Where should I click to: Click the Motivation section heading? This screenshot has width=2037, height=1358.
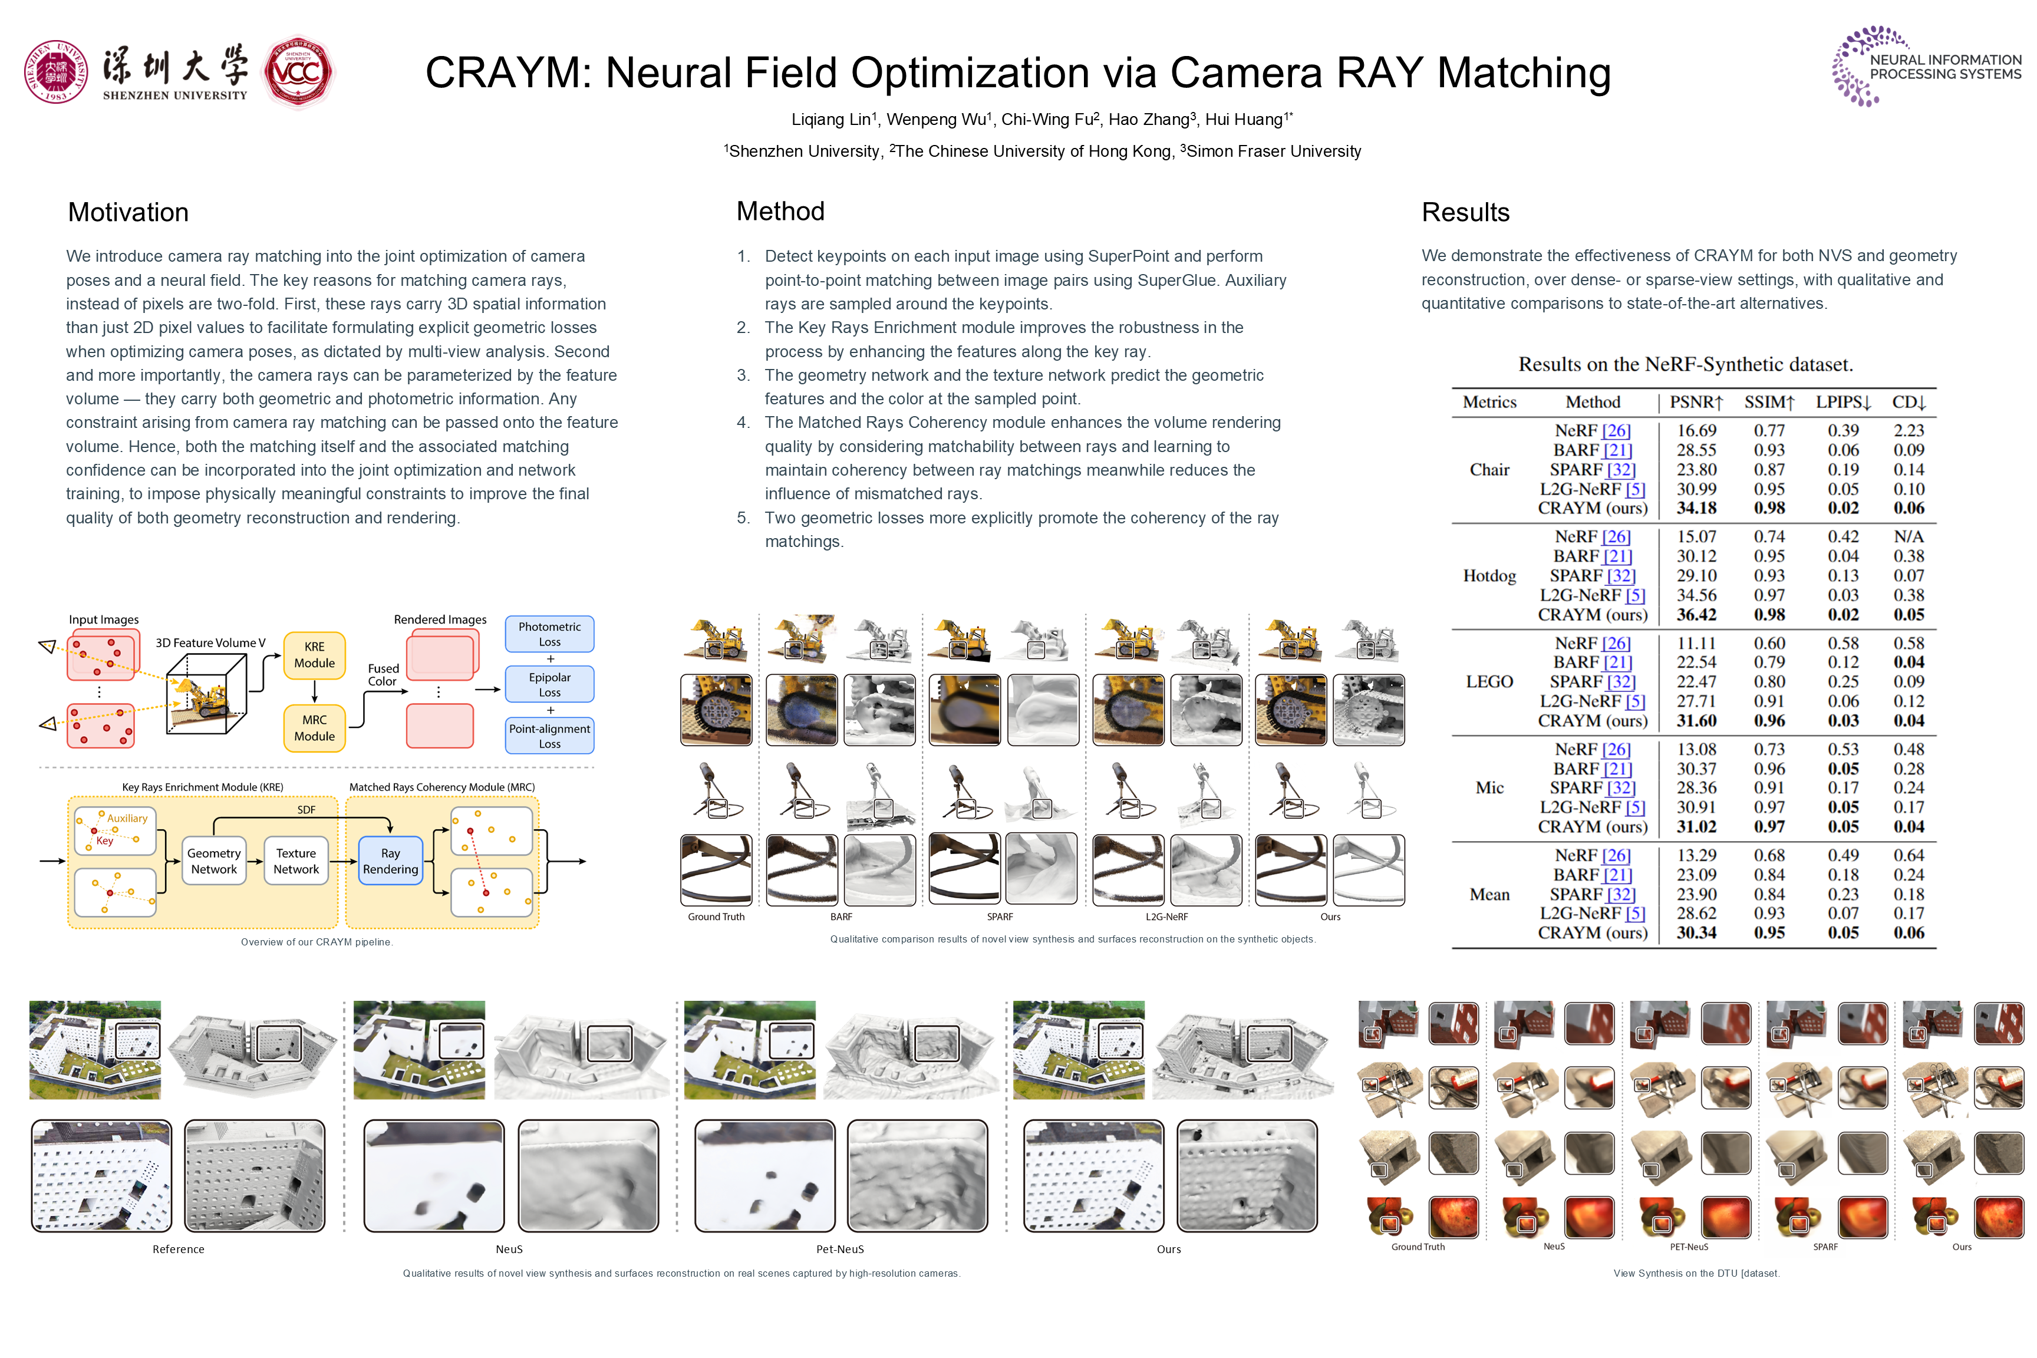(128, 212)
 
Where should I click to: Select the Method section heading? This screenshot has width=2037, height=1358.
(780, 212)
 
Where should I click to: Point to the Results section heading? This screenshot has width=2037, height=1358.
(1465, 212)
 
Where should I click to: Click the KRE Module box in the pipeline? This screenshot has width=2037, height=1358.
(314, 655)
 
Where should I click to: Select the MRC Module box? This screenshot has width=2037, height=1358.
(314, 729)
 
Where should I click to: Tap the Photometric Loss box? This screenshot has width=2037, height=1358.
(549, 634)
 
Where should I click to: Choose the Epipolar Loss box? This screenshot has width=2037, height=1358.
(549, 684)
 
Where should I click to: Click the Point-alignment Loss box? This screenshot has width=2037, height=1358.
(549, 736)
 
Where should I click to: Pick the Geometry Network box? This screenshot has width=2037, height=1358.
(214, 861)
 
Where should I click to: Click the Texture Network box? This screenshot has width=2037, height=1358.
(296, 861)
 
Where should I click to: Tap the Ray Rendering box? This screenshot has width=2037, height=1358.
(391, 861)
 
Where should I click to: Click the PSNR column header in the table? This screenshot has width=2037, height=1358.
(1696, 402)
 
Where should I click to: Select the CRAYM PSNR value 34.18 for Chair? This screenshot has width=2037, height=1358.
(1696, 509)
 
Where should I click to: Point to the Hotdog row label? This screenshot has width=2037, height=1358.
(1489, 576)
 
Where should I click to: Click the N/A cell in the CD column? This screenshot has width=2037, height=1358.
(1908, 537)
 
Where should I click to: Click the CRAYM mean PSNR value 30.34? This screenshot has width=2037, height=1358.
(1696, 933)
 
